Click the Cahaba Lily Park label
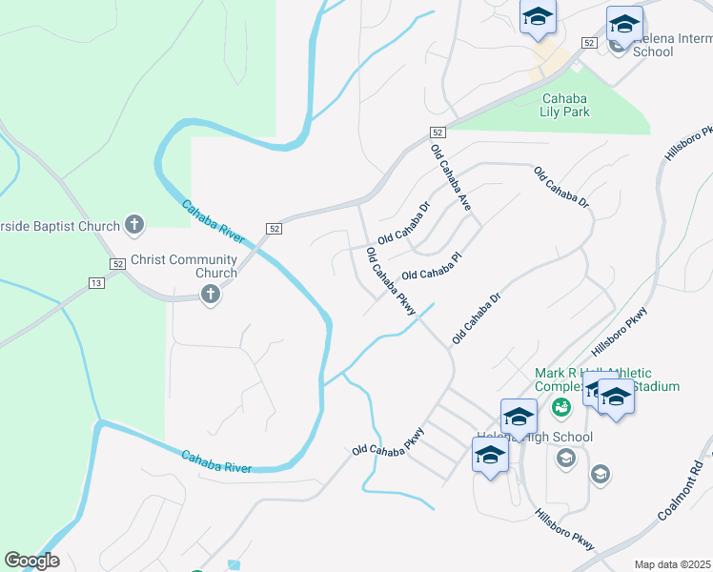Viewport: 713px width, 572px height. point(565,105)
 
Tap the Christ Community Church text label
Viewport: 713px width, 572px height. point(184,266)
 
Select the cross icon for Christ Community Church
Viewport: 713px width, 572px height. point(211,296)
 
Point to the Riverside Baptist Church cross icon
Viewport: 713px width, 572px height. point(135,225)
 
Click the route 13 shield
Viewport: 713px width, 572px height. point(96,283)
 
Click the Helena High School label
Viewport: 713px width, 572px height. point(534,438)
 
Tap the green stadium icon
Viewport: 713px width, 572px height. point(561,408)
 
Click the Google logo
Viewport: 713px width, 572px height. point(31,561)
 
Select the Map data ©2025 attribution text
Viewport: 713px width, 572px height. point(673,564)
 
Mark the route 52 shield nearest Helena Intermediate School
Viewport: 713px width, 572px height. point(588,44)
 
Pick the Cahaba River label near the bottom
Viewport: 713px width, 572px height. point(217,461)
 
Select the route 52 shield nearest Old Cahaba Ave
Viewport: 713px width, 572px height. point(437,133)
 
